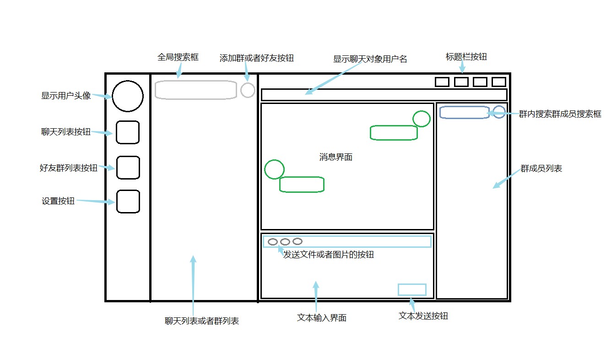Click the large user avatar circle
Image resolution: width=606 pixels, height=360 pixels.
[128, 96]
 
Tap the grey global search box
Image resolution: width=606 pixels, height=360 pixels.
[196, 90]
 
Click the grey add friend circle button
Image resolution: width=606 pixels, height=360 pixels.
[248, 90]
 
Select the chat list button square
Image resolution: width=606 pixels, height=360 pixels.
[128, 132]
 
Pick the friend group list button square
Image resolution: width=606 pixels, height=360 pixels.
[128, 168]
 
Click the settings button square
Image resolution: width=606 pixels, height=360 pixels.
[128, 202]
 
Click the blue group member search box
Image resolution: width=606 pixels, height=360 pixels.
[465, 112]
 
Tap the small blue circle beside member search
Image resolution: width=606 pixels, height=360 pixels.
[499, 112]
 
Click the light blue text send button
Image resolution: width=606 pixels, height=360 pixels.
[412, 289]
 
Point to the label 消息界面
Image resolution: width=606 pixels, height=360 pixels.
[336, 157]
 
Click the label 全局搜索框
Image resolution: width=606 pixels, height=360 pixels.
[178, 58]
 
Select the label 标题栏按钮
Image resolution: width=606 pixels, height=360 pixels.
[466, 57]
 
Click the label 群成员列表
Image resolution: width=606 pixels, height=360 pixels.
[541, 169]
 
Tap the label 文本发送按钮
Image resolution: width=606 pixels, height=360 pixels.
[423, 316]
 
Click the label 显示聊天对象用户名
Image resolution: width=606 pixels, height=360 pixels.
[370, 59]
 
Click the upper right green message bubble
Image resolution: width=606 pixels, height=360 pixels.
[394, 132]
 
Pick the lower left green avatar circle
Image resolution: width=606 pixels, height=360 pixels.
[275, 169]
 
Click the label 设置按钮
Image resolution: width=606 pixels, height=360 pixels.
[58, 201]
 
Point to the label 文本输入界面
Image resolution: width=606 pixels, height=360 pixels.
[322, 318]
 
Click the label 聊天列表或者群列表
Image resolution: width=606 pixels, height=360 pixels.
[202, 321]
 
